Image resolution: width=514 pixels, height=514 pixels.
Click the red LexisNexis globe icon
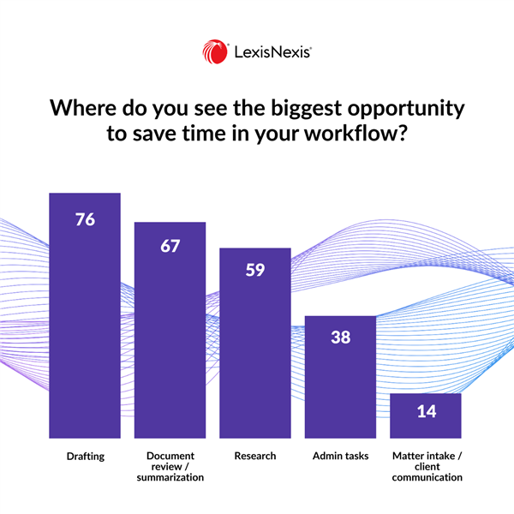215,52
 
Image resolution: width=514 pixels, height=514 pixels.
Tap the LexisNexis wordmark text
272,53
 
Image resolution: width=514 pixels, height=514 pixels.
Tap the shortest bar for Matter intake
426,416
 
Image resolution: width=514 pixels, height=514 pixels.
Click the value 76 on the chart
85,218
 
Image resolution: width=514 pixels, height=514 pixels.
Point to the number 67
170,246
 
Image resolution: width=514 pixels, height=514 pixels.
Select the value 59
255,272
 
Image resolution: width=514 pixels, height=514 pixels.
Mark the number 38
340,338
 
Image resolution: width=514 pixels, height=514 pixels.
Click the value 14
426,412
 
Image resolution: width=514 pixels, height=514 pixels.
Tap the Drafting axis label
85,456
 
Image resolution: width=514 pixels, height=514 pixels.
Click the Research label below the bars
255,456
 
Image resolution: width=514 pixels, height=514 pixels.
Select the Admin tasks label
340,456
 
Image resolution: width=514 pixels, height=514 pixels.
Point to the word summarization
170,477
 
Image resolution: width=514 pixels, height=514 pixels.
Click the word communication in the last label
426,477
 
